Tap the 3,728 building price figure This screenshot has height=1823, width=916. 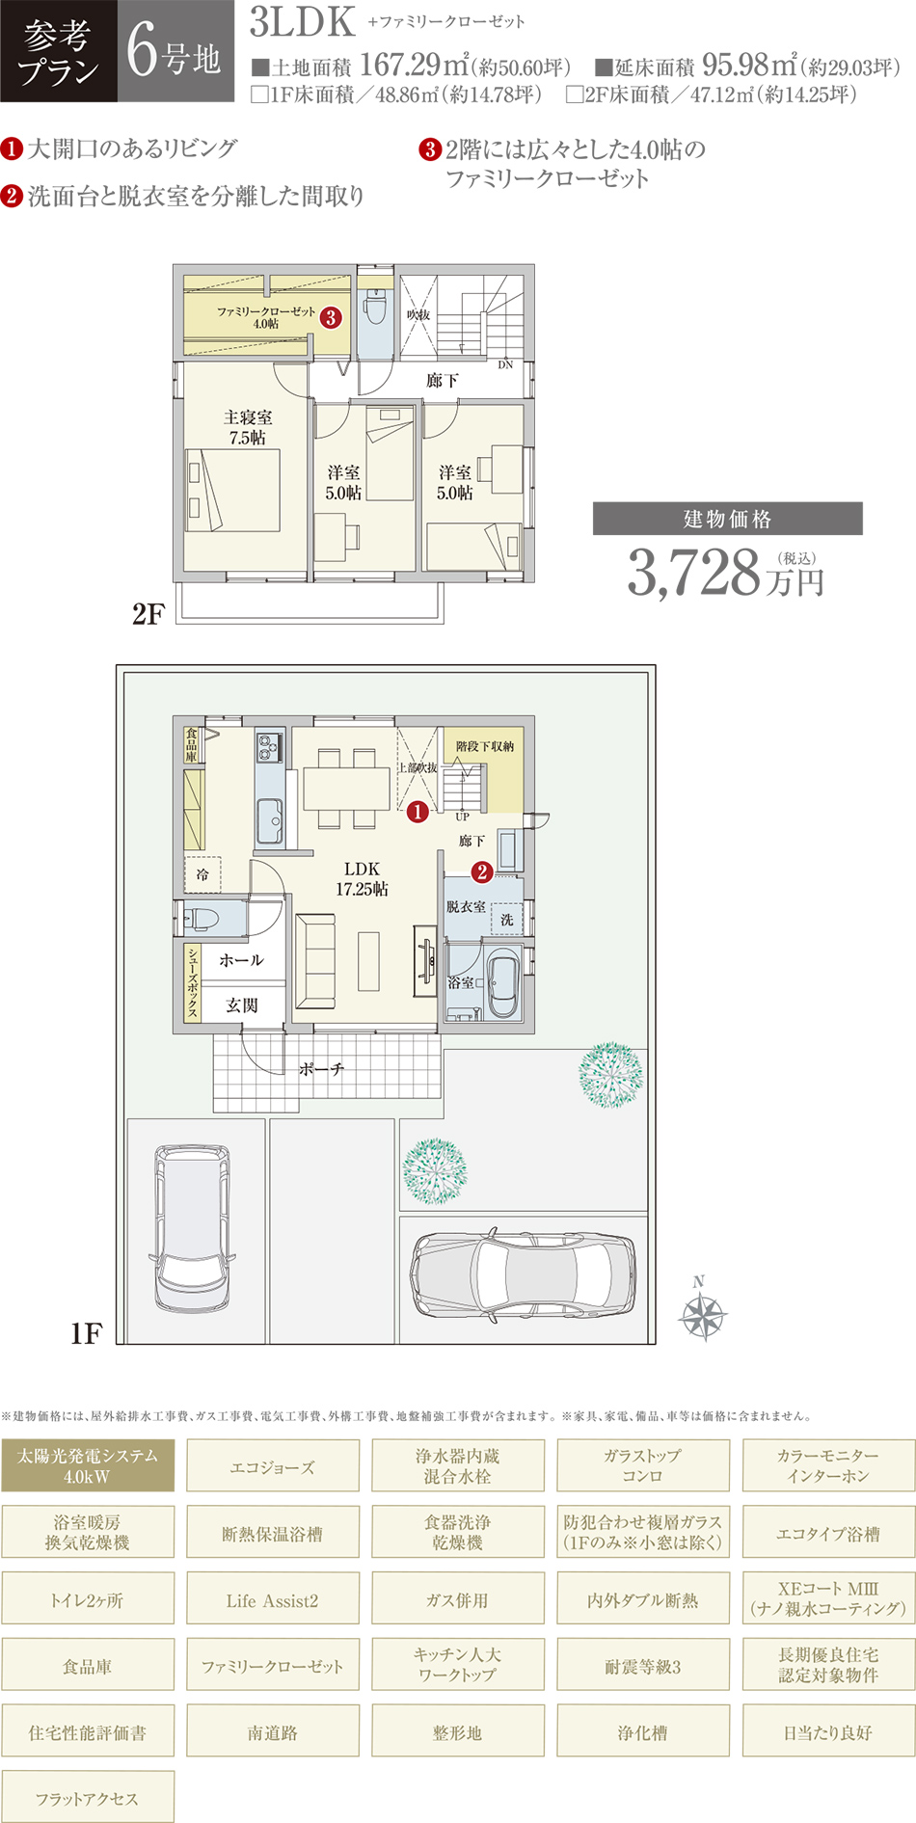click(x=694, y=572)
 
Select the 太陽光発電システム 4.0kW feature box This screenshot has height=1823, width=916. click(x=88, y=1465)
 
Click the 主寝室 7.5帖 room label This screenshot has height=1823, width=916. click(x=248, y=427)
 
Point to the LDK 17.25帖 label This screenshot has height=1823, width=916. click(x=362, y=878)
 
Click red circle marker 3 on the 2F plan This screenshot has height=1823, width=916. click(x=331, y=317)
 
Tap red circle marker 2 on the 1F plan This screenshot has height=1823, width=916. click(x=481, y=872)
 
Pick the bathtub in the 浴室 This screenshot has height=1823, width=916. click(x=503, y=985)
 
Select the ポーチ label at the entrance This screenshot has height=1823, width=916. click(x=322, y=1069)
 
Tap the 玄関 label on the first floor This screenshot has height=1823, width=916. click(x=242, y=1005)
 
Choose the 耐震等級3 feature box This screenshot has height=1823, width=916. click(x=643, y=1666)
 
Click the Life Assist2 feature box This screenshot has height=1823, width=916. click(x=273, y=1599)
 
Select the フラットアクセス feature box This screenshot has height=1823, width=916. click(x=88, y=1798)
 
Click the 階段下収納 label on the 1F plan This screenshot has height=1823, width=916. click(x=485, y=747)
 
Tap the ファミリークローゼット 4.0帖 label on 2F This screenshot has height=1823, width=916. click(x=266, y=317)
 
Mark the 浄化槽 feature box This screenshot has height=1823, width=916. click(x=643, y=1731)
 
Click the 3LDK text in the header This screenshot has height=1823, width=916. click(x=303, y=23)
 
